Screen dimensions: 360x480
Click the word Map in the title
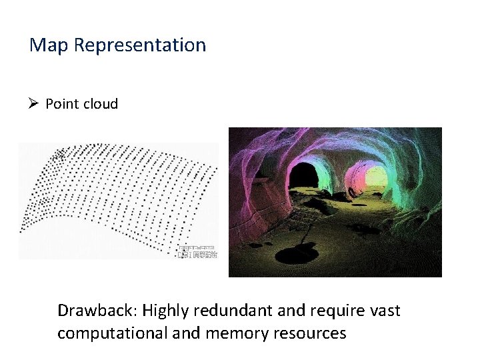pos(50,45)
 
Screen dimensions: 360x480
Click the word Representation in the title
pos(140,45)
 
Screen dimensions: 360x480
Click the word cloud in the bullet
pos(101,104)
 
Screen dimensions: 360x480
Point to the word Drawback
pos(96,311)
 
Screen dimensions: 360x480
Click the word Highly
pos(167,311)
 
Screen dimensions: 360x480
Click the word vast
pos(385,311)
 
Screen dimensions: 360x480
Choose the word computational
pos(112,333)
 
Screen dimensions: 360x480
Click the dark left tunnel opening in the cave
pos(303,175)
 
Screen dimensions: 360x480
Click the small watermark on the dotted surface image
pos(197,252)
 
